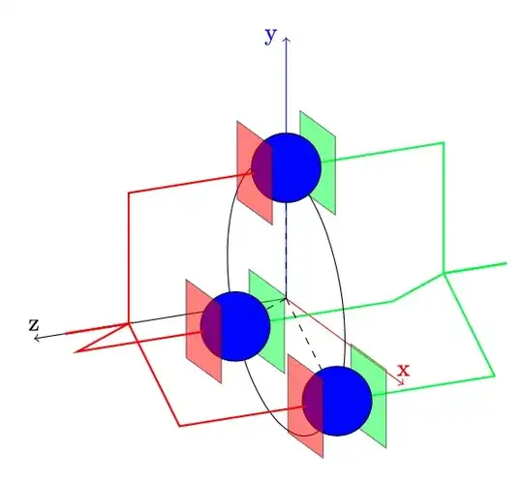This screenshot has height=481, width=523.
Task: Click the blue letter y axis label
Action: pyautogui.click(x=270, y=36)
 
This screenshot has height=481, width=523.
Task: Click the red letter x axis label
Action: pyautogui.click(x=403, y=369)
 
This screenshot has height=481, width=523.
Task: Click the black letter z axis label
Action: pyautogui.click(x=34, y=325)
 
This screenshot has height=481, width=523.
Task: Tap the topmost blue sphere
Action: pyautogui.click(x=286, y=166)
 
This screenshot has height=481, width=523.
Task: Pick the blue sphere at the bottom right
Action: pyautogui.click(x=337, y=400)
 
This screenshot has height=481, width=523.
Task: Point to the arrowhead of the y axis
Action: pyautogui.click(x=286, y=40)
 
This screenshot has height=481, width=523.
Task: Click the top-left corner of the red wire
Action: pyautogui.click(x=129, y=193)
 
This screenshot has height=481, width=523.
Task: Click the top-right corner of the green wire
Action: pyautogui.click(x=445, y=142)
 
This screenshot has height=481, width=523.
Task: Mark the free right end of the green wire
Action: pyautogui.click(x=507, y=262)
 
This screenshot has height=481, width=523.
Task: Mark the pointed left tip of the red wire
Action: pyautogui.click(x=74, y=349)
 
